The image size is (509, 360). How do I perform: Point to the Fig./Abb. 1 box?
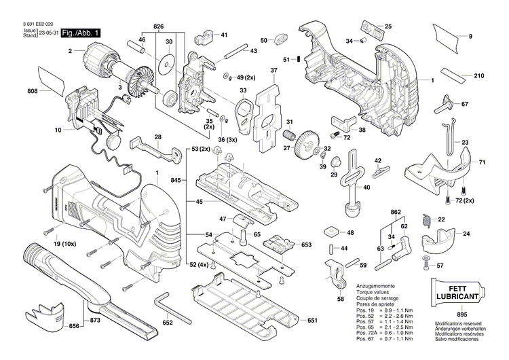click(81, 33)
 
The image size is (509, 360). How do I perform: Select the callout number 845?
click(176, 181)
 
